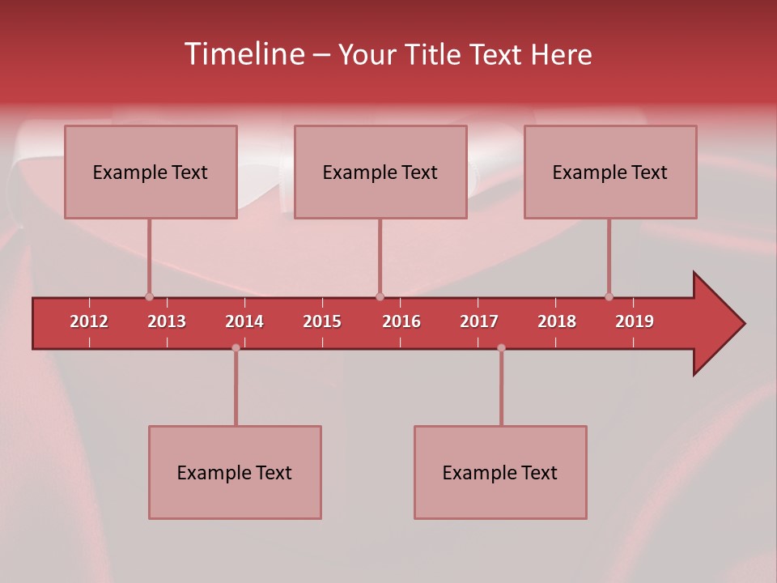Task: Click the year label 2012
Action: pyautogui.click(x=89, y=321)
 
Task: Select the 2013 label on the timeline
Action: pyautogui.click(x=167, y=321)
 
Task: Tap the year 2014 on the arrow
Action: pyautogui.click(x=244, y=321)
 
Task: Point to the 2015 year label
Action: pyautogui.click(x=322, y=321)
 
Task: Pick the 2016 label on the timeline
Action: pyautogui.click(x=401, y=321)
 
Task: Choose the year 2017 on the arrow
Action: pyautogui.click(x=479, y=321)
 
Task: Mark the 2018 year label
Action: pyautogui.click(x=557, y=321)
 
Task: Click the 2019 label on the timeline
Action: pyautogui.click(x=635, y=321)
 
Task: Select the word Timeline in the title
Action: pyautogui.click(x=243, y=54)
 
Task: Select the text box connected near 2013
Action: pyautogui.click(x=151, y=172)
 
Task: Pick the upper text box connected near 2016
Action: pyautogui.click(x=380, y=172)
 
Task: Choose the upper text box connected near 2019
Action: pyautogui.click(x=610, y=172)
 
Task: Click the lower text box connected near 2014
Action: pyautogui.click(x=235, y=472)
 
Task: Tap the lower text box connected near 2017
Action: pyautogui.click(x=500, y=472)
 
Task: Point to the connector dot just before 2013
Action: pyautogui.click(x=149, y=296)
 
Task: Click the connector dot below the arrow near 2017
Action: pyautogui.click(x=501, y=347)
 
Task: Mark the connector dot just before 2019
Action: pyautogui.click(x=609, y=296)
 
